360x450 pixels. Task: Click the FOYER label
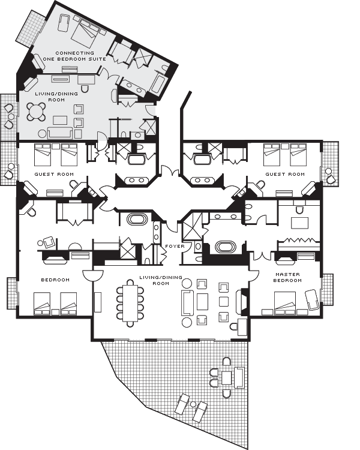(175, 246)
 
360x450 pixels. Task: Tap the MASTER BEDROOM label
(287, 277)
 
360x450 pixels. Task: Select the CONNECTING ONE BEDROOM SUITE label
(74, 56)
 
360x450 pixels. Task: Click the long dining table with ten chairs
(130, 303)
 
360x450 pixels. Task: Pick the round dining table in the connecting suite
(36, 112)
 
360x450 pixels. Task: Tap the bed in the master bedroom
(285, 303)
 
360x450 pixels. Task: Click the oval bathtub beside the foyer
(137, 220)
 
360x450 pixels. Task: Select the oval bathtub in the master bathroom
(226, 247)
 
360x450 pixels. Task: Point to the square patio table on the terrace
(227, 377)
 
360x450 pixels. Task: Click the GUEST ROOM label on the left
(54, 174)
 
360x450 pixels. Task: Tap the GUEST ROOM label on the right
(285, 174)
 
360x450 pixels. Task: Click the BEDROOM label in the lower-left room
(55, 280)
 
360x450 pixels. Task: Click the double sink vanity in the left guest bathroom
(137, 180)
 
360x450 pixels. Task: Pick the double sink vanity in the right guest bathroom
(202, 180)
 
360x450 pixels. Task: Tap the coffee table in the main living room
(202, 302)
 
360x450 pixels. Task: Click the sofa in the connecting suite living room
(60, 133)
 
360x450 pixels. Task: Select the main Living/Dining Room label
(161, 280)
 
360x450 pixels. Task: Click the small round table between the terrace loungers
(193, 404)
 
